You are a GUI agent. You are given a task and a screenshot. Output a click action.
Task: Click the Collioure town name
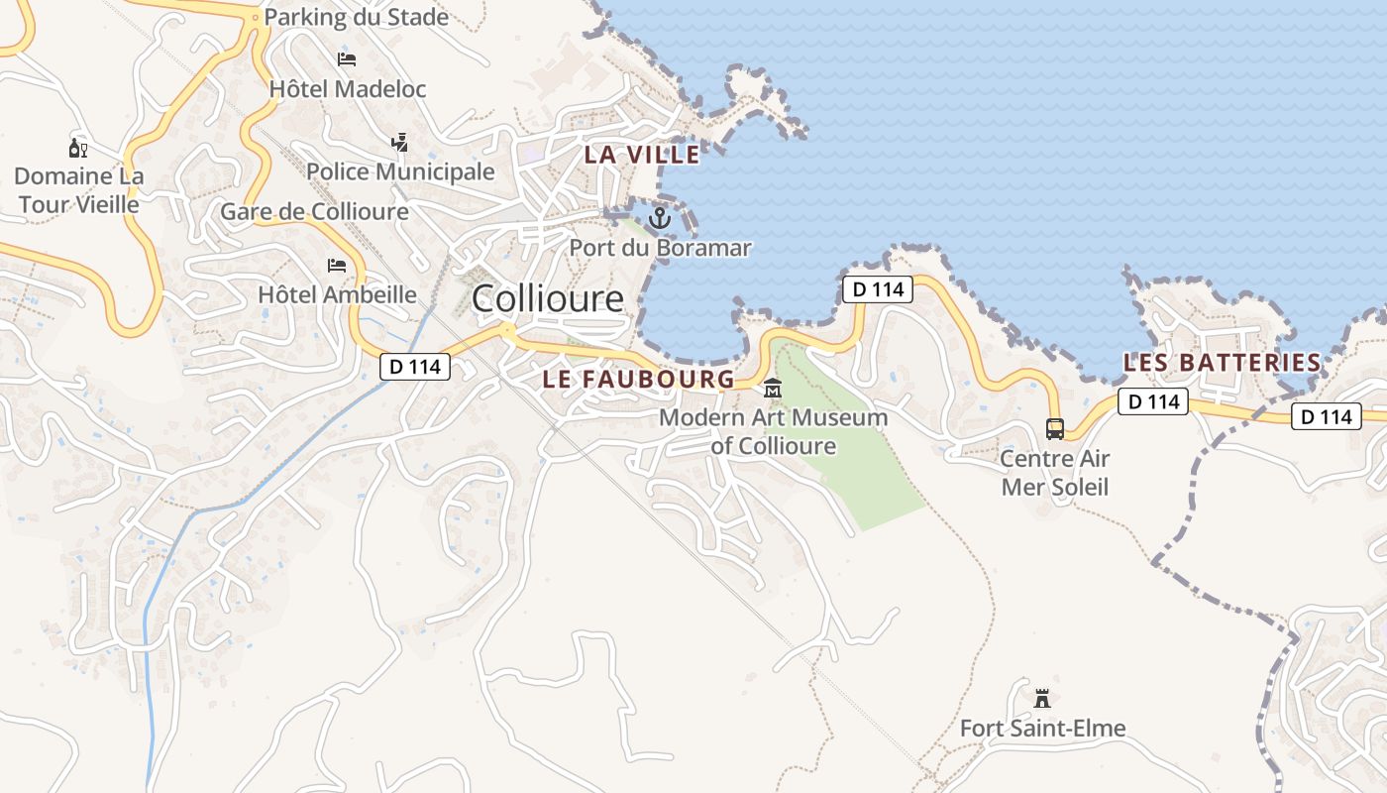(x=548, y=298)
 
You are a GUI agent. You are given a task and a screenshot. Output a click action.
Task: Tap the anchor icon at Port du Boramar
(x=660, y=217)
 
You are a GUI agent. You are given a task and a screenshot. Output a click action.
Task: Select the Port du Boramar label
(x=660, y=248)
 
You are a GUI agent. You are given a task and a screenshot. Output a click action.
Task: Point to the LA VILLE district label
(x=642, y=155)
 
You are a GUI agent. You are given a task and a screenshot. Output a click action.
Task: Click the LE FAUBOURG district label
(x=639, y=379)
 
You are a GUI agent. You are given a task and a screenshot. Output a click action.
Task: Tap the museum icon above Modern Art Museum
(x=773, y=388)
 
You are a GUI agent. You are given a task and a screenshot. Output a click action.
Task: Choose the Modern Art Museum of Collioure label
(x=773, y=431)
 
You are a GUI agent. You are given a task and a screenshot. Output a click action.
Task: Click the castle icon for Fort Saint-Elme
(x=1041, y=699)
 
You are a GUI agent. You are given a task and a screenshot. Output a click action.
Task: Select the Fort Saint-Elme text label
(x=1042, y=729)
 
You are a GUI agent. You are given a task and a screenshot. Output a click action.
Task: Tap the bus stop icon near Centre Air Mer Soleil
(x=1055, y=429)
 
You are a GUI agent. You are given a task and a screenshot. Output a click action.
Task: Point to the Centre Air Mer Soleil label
(x=1054, y=473)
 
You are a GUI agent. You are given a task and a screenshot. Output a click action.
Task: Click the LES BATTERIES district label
(x=1222, y=363)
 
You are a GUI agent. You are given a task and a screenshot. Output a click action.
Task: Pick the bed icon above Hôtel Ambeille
(x=337, y=266)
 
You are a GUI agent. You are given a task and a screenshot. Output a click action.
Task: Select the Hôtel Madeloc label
(x=348, y=89)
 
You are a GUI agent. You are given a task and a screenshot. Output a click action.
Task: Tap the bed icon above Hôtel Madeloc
(x=347, y=59)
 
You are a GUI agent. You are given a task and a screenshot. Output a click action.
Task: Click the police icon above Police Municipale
(x=400, y=143)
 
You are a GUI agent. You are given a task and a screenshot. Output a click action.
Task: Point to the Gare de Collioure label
(x=314, y=212)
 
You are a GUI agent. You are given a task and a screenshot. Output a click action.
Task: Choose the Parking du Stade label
(x=356, y=17)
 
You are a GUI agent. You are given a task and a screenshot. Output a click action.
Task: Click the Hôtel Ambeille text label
(x=337, y=294)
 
